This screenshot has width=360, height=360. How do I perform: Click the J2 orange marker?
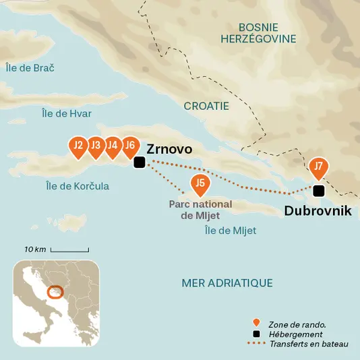coord(78,146)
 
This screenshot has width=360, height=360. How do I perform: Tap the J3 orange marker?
coord(96,146)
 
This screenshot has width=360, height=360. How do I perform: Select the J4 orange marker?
coord(113,146)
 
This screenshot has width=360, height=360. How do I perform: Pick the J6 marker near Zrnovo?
coord(131,146)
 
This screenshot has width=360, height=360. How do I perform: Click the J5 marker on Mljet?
coord(200,183)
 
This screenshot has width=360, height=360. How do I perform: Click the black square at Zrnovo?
coord(139,162)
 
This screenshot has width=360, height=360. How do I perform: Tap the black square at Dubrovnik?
coord(319,191)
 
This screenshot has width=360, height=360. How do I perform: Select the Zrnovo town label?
coord(169,149)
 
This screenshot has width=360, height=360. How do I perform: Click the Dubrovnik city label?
coord(318,211)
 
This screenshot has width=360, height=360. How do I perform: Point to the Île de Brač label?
coord(30,68)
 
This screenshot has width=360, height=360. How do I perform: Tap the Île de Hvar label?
coord(67,113)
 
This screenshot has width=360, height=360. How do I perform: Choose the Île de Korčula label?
coord(78,186)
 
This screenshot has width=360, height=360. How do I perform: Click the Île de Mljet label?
coord(230,231)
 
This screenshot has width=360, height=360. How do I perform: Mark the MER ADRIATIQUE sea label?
coord(227,283)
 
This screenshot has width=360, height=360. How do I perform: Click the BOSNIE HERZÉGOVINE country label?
coord(258,32)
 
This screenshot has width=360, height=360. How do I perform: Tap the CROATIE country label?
coord(206,106)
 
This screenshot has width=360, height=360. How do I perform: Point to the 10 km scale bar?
coord(69,250)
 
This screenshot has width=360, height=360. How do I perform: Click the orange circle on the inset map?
coord(56,293)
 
